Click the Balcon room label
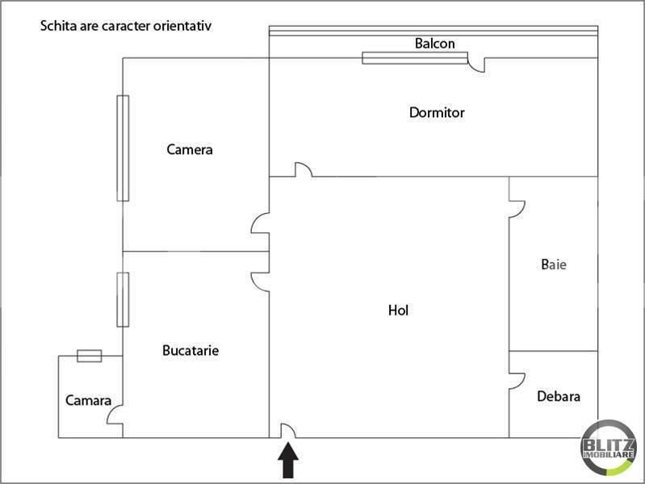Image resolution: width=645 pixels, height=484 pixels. point(435,44)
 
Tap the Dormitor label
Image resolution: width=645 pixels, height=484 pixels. point(437,112)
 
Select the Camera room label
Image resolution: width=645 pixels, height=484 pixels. point(190,149)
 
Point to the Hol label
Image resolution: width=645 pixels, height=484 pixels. point(398,310)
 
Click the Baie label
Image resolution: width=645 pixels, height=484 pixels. point(554,264)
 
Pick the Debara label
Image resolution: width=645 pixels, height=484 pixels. point(559,396)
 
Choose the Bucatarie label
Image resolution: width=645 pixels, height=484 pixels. point(191,350)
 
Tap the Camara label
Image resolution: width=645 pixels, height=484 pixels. point(89,400)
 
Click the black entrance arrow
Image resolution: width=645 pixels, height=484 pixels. point(288,460)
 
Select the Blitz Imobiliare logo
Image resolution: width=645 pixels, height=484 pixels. point(608,448)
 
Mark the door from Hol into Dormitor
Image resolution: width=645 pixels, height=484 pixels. point(304,169)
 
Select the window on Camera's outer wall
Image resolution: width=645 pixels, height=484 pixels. point(123,148)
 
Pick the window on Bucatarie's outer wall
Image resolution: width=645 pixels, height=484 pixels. point(123,300)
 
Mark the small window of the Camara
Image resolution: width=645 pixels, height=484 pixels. point(90,356)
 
